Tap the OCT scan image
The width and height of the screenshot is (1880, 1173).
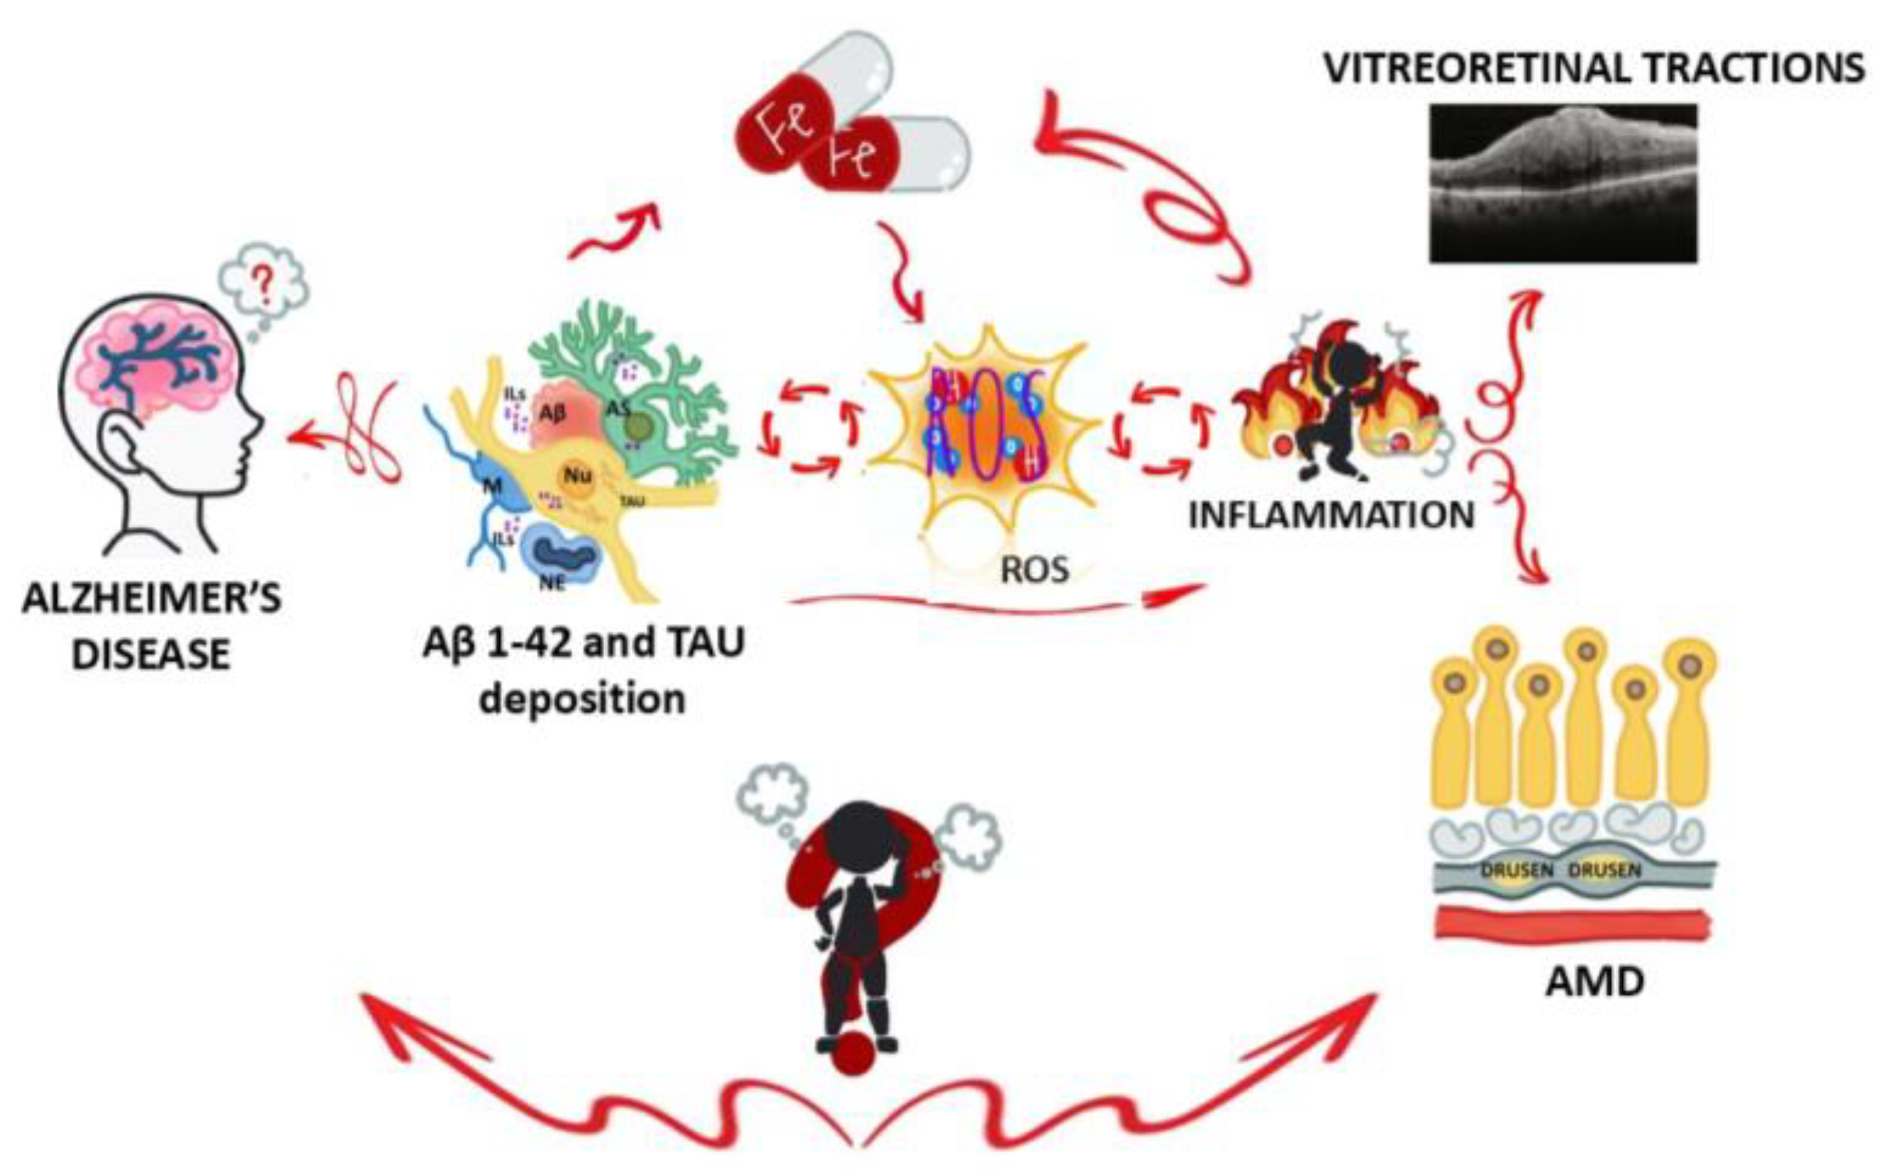click(1562, 182)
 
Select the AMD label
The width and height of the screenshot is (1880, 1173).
click(1594, 982)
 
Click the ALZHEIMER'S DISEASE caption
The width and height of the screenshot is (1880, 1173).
click(152, 626)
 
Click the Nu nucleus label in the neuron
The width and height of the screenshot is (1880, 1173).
click(578, 478)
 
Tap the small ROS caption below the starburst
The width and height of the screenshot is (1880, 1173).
click(1034, 571)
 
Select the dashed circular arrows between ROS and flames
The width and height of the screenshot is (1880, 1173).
click(1158, 430)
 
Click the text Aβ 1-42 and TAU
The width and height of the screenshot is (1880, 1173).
click(583, 643)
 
